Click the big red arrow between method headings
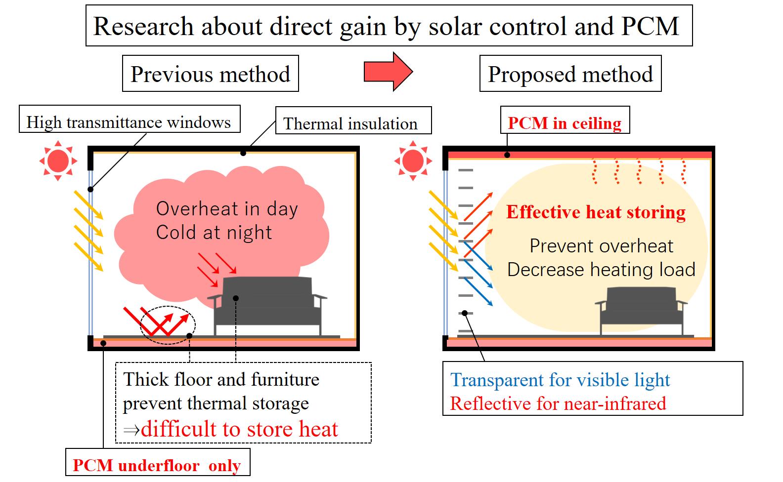pyautogui.click(x=388, y=72)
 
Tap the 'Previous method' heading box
pyautogui.click(x=211, y=74)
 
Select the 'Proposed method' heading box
pyautogui.click(x=570, y=74)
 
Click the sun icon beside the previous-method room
pyautogui.click(x=58, y=161)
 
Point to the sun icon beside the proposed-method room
pyautogui.click(x=413, y=161)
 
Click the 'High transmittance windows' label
pyautogui.click(x=130, y=119)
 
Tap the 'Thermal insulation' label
pyautogui.click(x=353, y=120)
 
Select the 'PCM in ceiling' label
pyautogui.click(x=565, y=120)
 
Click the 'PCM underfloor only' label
pyautogui.click(x=158, y=462)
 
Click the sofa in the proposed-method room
pyautogui.click(x=641, y=310)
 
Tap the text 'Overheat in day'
pyautogui.click(x=227, y=209)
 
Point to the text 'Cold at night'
pyautogui.click(x=214, y=233)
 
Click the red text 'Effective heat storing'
pyautogui.click(x=596, y=212)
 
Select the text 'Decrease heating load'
pyautogui.click(x=601, y=270)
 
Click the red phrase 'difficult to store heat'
pyautogui.click(x=239, y=429)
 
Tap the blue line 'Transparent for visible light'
pyautogui.click(x=560, y=380)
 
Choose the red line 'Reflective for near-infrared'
pyautogui.click(x=558, y=403)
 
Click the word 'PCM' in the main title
pyautogui.click(x=650, y=26)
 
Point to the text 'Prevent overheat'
pyautogui.click(x=601, y=246)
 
